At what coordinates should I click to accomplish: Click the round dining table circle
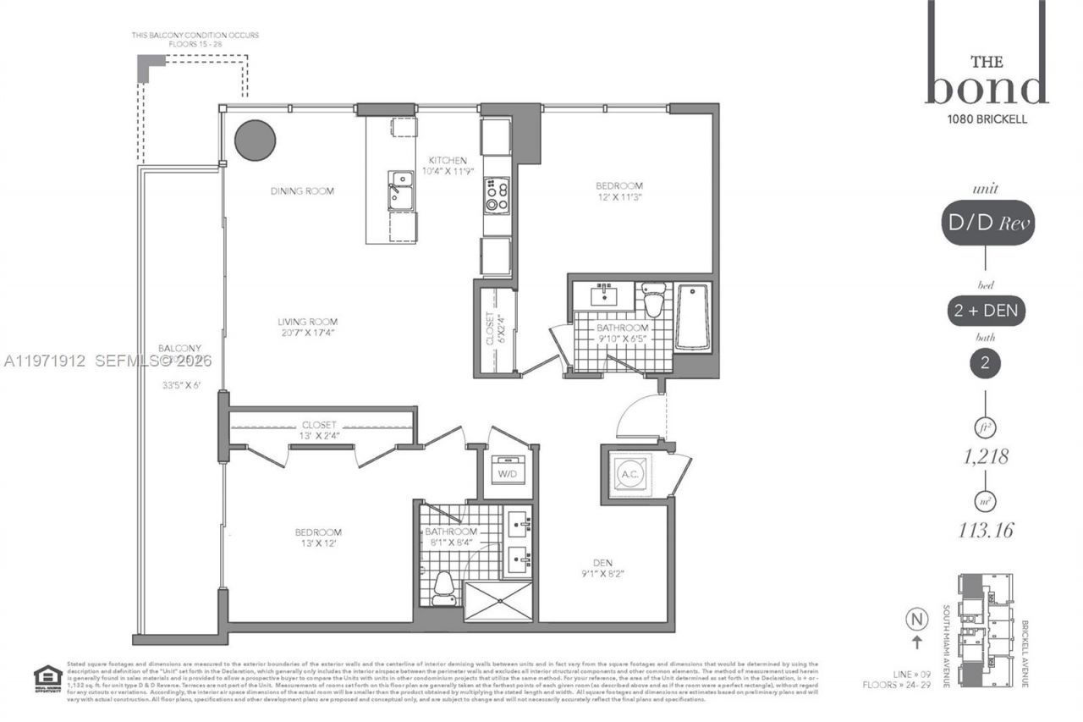pos(255,140)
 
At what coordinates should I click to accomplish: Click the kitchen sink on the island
pos(400,190)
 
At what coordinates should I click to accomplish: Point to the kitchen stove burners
pos(497,196)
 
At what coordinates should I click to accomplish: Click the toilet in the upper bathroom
pos(653,301)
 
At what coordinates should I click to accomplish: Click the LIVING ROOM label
pos(309,322)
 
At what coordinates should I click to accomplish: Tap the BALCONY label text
pos(179,348)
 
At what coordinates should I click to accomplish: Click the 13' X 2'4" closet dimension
pos(317,436)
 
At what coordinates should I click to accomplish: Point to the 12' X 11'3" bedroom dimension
pos(619,198)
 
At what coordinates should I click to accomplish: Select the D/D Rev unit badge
pos(987,223)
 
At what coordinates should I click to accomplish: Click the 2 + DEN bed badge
pos(987,311)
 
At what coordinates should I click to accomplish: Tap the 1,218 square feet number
pos(986,458)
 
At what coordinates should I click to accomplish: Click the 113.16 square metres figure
pos(986,531)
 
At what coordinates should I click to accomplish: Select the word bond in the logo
pos(987,87)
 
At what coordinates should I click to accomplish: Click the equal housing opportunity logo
pos(45,678)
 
